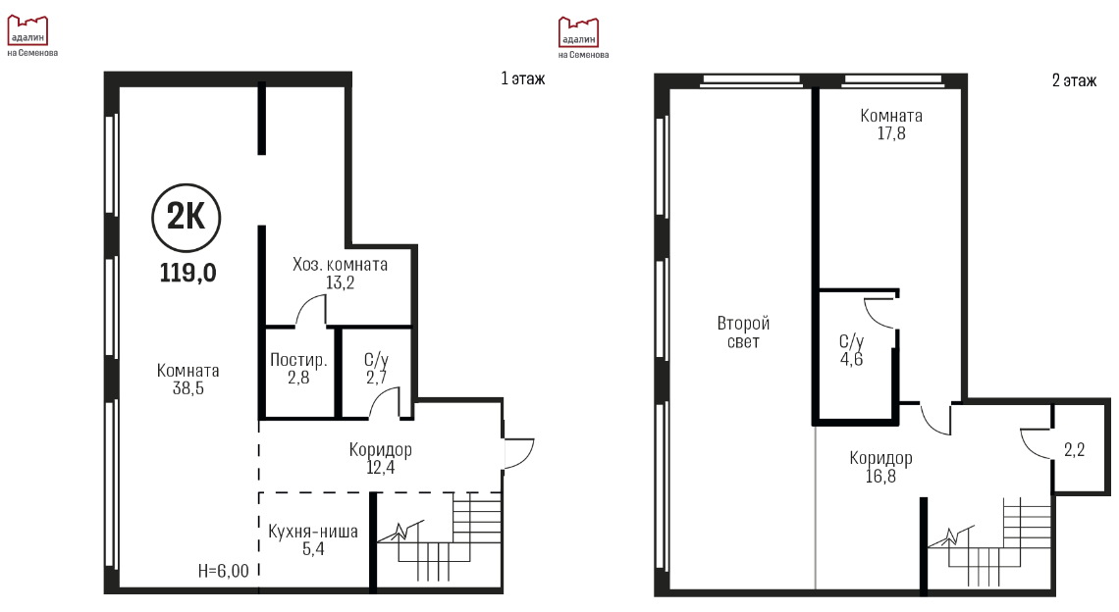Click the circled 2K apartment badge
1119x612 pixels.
click(x=186, y=218)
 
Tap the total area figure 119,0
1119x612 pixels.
click(x=187, y=273)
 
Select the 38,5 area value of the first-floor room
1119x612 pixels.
click(x=187, y=388)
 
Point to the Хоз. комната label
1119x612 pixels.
click(x=340, y=265)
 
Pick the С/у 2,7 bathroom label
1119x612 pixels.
click(x=376, y=369)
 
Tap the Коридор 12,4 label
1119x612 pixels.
click(x=381, y=459)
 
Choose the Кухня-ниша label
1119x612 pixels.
click(x=313, y=532)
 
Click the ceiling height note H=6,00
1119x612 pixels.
click(x=224, y=571)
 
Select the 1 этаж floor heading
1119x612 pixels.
click(x=523, y=78)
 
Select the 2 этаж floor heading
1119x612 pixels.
click(x=1074, y=80)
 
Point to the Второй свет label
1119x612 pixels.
click(x=743, y=332)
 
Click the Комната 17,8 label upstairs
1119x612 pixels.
click(x=891, y=125)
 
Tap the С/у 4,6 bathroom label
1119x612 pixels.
click(x=851, y=350)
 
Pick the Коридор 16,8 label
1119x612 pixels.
click(x=880, y=467)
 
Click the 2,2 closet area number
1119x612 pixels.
click(x=1074, y=450)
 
